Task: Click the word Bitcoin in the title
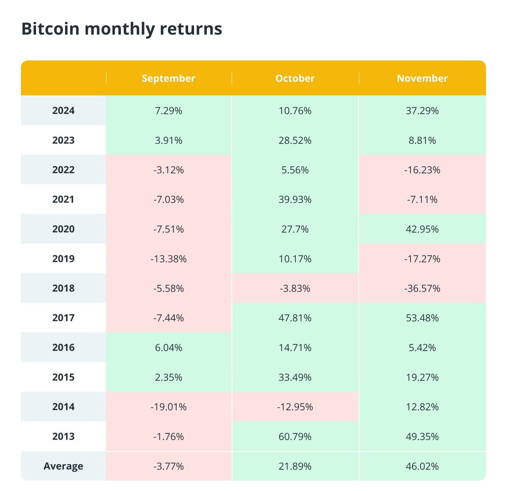pos(50,29)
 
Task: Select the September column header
pos(168,78)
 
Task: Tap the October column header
pos(295,78)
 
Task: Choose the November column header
pos(422,78)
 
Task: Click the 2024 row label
pos(63,111)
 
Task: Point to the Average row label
pos(63,466)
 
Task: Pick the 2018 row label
pos(63,288)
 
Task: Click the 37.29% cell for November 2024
pos(422,111)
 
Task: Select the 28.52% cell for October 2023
pos(295,140)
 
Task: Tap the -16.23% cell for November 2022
pos(422,170)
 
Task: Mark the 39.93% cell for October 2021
pos(295,200)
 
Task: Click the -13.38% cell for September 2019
pos(168,259)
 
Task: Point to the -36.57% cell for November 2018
pos(422,288)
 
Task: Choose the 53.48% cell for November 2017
pos(422,318)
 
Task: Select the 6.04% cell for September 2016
pos(168,348)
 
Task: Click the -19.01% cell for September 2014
pos(168,407)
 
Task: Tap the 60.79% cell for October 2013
pos(295,436)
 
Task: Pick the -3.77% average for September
pos(168,466)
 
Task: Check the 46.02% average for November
pos(422,466)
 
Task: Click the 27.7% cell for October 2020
pos(295,229)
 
